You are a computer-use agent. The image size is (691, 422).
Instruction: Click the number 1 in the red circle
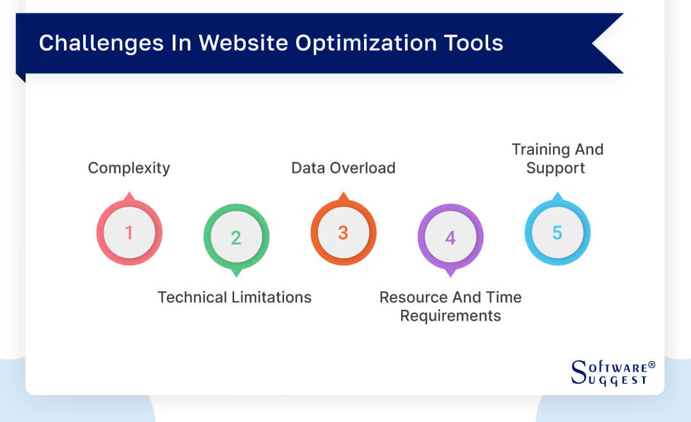coord(129,232)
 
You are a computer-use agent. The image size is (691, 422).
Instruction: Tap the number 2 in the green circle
coord(236,238)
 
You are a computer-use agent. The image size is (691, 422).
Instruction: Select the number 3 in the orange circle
coord(343,232)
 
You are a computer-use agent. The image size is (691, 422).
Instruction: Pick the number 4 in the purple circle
coord(450,238)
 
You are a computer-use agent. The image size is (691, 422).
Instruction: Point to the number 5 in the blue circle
coord(557,232)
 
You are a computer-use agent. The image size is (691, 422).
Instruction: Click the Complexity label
coord(129,168)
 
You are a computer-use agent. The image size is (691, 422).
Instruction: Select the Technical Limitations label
coord(234,297)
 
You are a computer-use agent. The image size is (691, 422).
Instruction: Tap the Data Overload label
coord(343,168)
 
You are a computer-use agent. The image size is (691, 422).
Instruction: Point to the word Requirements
coord(450,316)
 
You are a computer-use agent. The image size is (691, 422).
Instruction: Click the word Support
coord(555,168)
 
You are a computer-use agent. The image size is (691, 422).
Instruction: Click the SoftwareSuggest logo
coord(612,373)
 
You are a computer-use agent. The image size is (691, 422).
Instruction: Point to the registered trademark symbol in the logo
coord(651,365)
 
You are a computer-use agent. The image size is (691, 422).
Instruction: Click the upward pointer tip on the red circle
coord(129,195)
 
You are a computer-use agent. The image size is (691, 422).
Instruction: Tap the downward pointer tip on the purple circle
coord(450,275)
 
